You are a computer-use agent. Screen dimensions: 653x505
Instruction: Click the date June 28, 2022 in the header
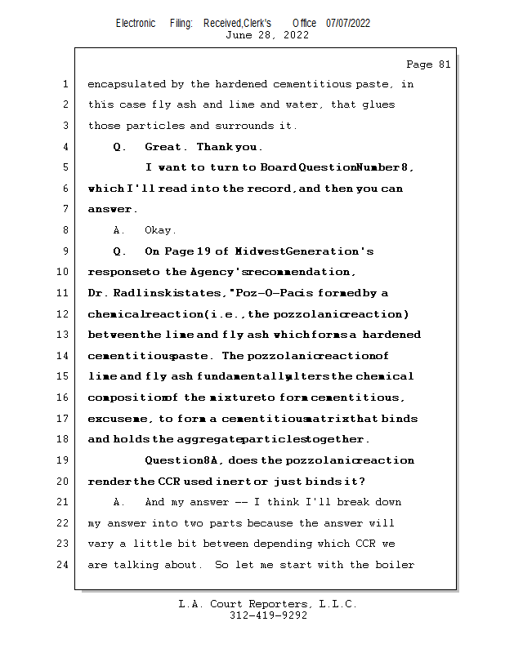pos(266,35)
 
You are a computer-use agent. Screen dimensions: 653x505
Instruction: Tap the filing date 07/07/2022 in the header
pos(348,23)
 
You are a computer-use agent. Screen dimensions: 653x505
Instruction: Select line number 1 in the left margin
pos(65,84)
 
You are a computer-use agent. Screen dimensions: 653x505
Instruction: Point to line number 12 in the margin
pos(63,314)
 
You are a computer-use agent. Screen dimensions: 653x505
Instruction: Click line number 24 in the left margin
pos(63,565)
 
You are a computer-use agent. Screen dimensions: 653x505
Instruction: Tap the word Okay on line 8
pos(160,230)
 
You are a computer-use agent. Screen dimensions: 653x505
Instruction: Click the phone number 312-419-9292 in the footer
pos(268,616)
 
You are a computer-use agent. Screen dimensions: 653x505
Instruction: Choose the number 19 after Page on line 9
pos(204,251)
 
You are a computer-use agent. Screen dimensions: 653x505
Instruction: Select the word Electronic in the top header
pos(136,23)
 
